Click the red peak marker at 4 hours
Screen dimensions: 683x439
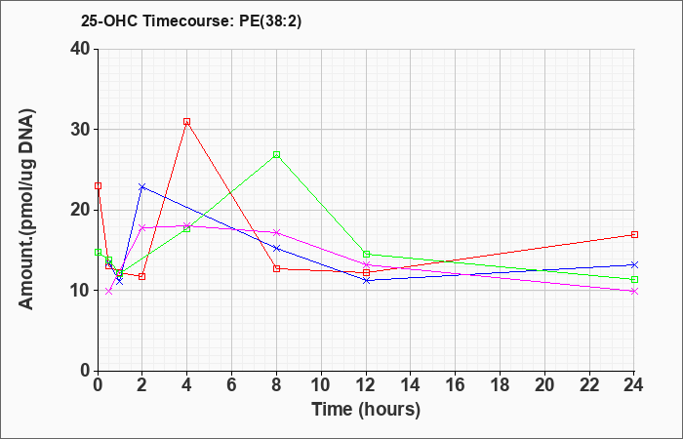187,122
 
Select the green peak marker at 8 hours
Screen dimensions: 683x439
276,154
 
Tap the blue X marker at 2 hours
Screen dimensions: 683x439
142,187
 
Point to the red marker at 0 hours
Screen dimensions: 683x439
98,185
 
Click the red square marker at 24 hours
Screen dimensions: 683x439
634,234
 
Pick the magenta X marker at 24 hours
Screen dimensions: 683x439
634,292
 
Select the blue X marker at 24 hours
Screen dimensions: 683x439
634,264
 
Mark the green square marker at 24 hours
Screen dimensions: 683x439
634,279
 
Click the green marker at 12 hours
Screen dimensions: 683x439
366,254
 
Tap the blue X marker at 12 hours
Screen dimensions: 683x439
366,281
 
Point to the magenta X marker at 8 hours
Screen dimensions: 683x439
276,232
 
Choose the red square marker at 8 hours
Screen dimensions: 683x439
276,268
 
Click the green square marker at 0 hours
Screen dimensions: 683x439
98,252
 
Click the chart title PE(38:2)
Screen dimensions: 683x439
270,21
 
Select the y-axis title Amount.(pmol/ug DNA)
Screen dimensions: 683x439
26,209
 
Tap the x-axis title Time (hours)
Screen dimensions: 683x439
366,410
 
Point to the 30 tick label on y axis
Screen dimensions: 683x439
80,130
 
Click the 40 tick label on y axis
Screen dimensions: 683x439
80,49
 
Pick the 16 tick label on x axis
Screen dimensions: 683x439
456,385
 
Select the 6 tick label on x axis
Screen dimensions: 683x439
232,385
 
